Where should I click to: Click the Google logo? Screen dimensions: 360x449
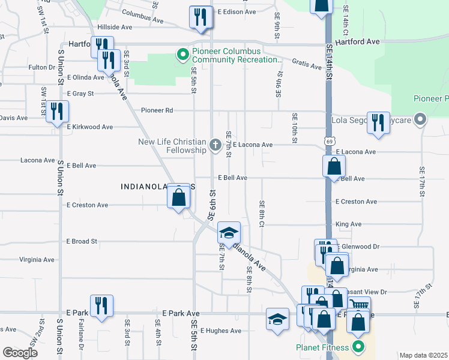[20, 353]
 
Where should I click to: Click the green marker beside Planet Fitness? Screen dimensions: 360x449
[359, 347]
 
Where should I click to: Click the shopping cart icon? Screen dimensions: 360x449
[359, 305]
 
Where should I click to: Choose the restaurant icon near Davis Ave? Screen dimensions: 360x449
[58, 111]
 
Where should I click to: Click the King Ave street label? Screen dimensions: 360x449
[348, 224]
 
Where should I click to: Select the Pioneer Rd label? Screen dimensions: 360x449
[157, 110]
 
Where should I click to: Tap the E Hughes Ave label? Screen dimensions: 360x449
[220, 331]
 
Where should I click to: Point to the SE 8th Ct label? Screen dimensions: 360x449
[262, 213]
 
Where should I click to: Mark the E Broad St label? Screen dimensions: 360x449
[82, 241]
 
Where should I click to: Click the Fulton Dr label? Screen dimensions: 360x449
[41, 67]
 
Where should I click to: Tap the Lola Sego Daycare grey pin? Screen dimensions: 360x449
[420, 120]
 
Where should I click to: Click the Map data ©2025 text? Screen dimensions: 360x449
[423, 355]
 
